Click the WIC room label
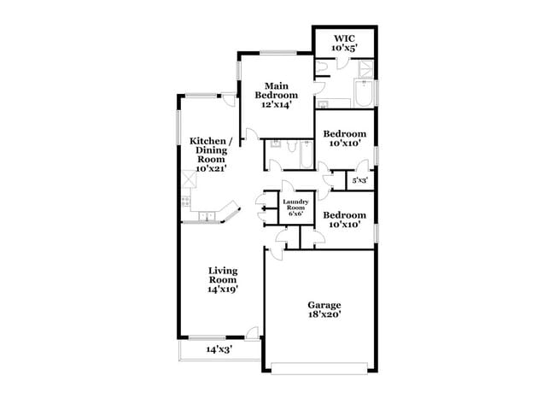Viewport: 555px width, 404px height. pos(344,38)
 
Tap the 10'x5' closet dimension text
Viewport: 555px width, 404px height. pos(344,49)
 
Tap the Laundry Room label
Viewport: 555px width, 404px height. pos(295,204)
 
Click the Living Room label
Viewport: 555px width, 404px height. pos(223,275)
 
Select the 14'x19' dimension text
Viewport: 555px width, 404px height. pos(223,290)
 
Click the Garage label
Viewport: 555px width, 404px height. pos(324,305)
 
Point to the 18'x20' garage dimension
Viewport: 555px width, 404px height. pos(324,315)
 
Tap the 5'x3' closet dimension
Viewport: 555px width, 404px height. pos(359,181)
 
